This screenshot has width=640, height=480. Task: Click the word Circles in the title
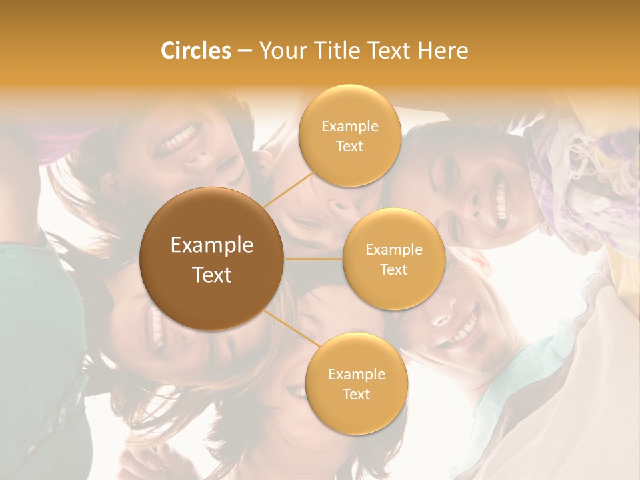[195, 51]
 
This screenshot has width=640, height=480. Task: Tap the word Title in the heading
[344, 51]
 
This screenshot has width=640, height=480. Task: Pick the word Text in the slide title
[393, 51]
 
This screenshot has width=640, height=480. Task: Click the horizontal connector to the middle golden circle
[313, 258]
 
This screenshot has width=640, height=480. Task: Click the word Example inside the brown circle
[212, 245]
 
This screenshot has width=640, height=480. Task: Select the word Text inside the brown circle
[212, 275]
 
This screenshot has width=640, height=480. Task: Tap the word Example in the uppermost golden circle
[350, 127]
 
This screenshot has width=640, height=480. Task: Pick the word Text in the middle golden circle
[393, 270]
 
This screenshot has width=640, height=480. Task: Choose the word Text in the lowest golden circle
[356, 395]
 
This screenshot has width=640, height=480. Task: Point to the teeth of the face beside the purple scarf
[501, 200]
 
